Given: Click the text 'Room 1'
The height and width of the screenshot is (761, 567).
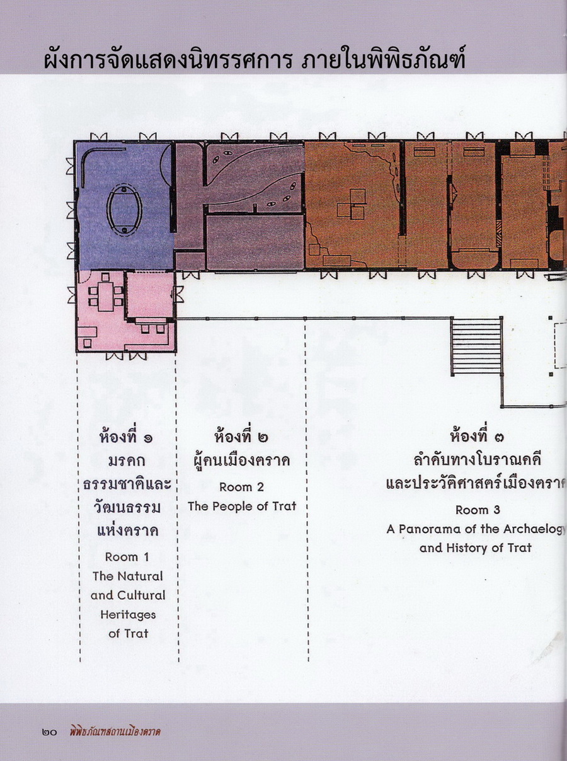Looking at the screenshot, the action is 127,557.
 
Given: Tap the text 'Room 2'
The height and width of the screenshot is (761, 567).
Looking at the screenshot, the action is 242,487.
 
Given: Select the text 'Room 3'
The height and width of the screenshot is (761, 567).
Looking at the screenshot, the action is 478,520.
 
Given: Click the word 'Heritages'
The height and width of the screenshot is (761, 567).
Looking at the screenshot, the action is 128,615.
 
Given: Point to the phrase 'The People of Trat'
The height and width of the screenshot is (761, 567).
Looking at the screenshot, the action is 242,506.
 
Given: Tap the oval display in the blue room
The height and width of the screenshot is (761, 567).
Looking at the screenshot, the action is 124,210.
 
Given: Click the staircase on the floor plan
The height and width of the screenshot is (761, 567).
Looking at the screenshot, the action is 476,346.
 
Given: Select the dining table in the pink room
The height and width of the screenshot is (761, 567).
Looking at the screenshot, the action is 106,297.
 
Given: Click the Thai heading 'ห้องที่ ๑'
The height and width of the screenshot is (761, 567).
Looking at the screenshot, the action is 126,437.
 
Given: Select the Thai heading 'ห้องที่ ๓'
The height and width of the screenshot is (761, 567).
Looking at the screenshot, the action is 477,436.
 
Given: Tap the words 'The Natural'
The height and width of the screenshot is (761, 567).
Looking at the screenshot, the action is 127,576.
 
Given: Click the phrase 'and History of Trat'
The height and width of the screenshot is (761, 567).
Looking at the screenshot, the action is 476,558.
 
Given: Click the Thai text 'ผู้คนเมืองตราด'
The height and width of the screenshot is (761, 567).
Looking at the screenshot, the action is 242,460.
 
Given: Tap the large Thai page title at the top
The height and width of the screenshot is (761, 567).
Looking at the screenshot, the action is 255,59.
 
